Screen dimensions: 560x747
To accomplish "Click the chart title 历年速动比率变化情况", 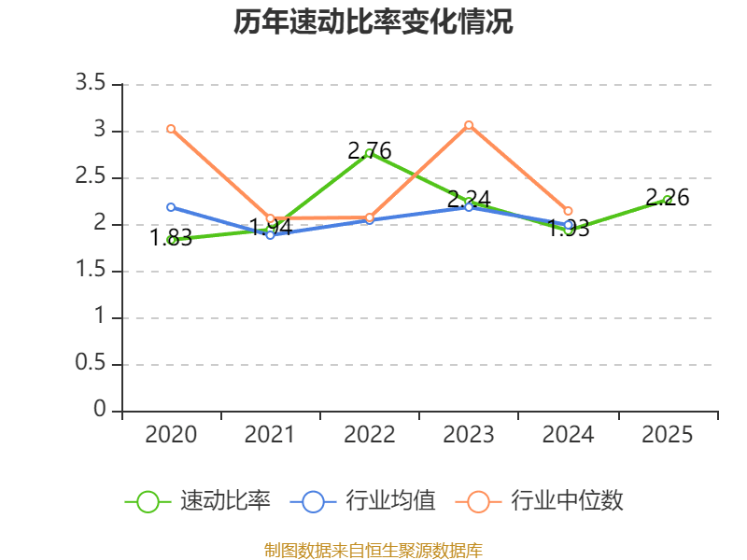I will pos(373,22).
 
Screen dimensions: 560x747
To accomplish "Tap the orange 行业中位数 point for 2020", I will pos(171,129).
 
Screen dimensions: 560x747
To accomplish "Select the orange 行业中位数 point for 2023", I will pos(469,125).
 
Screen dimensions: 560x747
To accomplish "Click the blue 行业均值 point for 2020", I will pos(171,207).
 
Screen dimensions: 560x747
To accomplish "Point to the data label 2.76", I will pos(370,150).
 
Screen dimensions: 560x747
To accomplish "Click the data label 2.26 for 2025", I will pos(668,198).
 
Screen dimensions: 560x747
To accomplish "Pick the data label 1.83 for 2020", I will pos(173,238).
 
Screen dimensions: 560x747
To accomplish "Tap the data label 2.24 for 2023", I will pos(469,199).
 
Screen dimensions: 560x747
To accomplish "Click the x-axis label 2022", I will pos(370,435).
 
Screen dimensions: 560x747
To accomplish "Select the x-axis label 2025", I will pos(668,435).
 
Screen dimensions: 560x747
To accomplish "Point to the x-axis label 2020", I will pos(171,435).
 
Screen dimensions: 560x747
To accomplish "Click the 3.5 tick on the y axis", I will pos(91,85).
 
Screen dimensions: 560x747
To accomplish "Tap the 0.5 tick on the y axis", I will pos(91,365).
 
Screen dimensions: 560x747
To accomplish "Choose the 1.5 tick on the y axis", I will pos(91,272).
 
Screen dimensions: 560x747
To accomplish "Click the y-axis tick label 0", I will pos(101,412).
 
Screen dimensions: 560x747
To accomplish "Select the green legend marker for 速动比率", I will pos(148,501).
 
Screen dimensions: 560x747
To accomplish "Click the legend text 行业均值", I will pos(390,501).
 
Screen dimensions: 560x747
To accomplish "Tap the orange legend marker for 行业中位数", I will pos(478,501).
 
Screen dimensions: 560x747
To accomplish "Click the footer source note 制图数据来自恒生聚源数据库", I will pos(373,551).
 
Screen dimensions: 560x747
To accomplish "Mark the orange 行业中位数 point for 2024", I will pos(568,212).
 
